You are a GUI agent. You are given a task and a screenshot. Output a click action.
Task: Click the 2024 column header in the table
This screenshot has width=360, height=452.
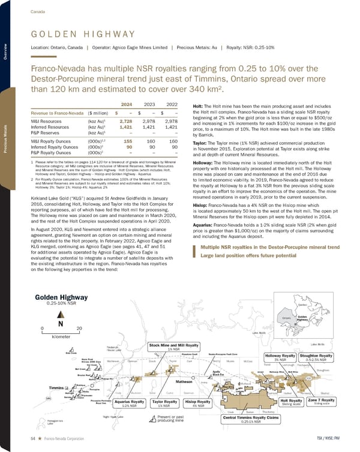click(126, 103)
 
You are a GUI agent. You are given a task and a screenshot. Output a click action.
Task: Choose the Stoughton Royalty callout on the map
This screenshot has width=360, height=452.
click(326, 358)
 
